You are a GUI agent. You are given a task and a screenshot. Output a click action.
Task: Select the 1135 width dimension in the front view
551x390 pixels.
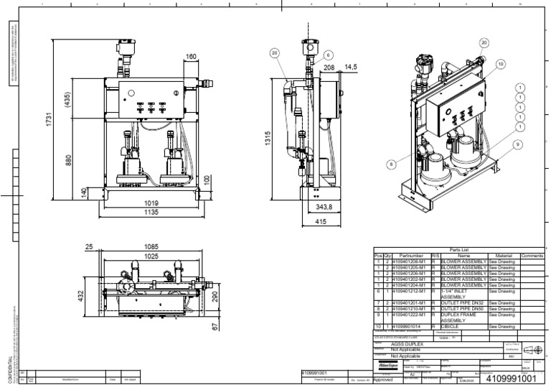(x=149, y=213)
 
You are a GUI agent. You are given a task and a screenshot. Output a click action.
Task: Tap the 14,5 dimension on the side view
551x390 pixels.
(x=351, y=67)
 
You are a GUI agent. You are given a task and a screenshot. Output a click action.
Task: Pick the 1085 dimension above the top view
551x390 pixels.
(x=151, y=246)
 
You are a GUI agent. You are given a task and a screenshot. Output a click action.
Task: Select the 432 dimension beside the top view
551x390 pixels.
(x=82, y=295)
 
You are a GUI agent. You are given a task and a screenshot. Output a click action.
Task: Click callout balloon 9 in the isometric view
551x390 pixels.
(x=517, y=144)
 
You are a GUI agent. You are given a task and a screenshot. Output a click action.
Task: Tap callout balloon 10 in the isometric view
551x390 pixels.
(x=499, y=64)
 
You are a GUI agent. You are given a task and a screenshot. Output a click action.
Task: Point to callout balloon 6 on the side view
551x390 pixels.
(x=328, y=55)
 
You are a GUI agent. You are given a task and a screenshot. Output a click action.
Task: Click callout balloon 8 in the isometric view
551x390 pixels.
(x=392, y=164)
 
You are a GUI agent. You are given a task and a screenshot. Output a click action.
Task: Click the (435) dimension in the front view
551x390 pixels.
(x=67, y=100)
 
